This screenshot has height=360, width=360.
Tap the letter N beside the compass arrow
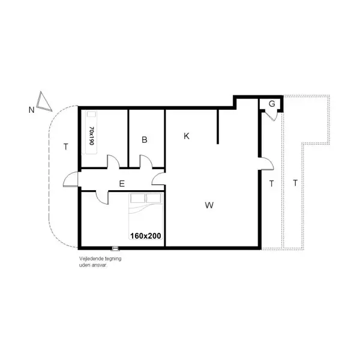click(x=31, y=110)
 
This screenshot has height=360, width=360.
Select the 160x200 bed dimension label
click(x=145, y=236)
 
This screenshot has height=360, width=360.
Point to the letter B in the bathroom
click(x=145, y=140)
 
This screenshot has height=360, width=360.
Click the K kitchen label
click(x=187, y=136)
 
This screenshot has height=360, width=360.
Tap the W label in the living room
click(x=209, y=205)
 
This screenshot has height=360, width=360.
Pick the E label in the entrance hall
click(x=122, y=184)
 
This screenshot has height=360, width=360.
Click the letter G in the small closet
click(x=272, y=104)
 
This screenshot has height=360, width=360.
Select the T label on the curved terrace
click(x=65, y=146)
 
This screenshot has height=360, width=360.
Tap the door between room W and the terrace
click(x=265, y=163)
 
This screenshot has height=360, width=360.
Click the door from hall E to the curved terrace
click(x=71, y=179)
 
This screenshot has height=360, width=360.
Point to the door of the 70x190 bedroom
click(x=112, y=162)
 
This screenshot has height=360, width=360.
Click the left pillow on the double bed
click(x=139, y=198)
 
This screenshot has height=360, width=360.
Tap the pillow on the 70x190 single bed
click(x=92, y=115)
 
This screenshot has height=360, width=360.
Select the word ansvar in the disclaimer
click(x=99, y=264)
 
